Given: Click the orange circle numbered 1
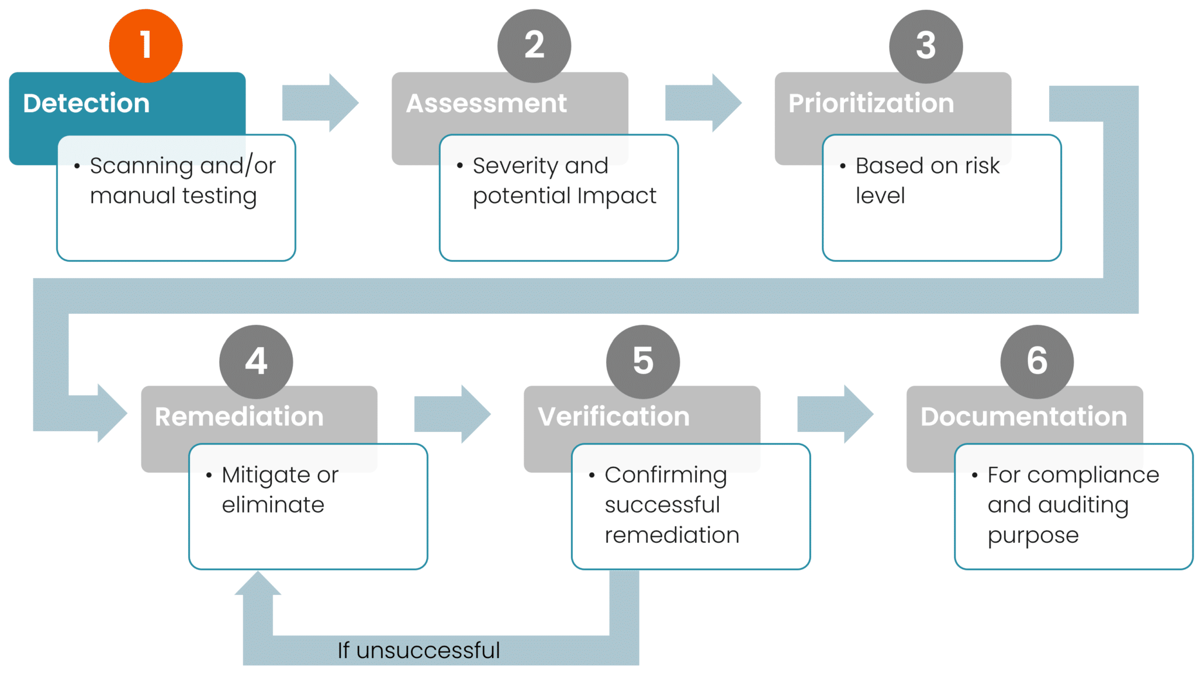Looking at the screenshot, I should click(x=146, y=46).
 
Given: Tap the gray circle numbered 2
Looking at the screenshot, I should click(x=534, y=46).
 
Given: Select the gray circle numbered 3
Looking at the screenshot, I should click(x=926, y=46).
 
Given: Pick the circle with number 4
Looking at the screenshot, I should click(x=256, y=361).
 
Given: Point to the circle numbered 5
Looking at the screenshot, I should click(x=643, y=361).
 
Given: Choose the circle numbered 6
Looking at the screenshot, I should click(x=1037, y=361).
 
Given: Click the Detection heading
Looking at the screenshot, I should click(x=87, y=103).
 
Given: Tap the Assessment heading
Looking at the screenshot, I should click(x=486, y=103).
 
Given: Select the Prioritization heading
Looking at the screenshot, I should click(x=871, y=103).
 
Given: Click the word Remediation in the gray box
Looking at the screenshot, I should click(x=239, y=417).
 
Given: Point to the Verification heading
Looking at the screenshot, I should click(x=614, y=417).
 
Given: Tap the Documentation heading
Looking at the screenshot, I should click(x=1023, y=417).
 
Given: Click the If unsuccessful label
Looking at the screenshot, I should click(x=418, y=650).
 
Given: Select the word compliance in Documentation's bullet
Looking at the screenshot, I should click(x=1093, y=476).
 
